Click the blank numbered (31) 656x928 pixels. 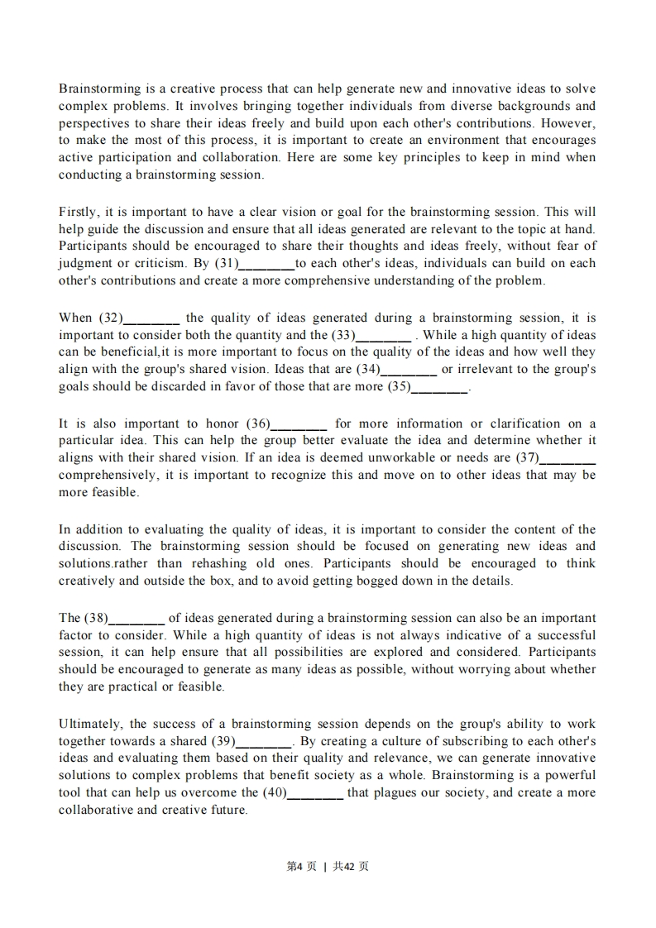(266, 264)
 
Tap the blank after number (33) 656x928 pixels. (383, 336)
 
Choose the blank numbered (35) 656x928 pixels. (439, 387)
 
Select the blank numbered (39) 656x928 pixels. (264, 742)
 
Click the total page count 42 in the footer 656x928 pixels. (350, 866)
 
